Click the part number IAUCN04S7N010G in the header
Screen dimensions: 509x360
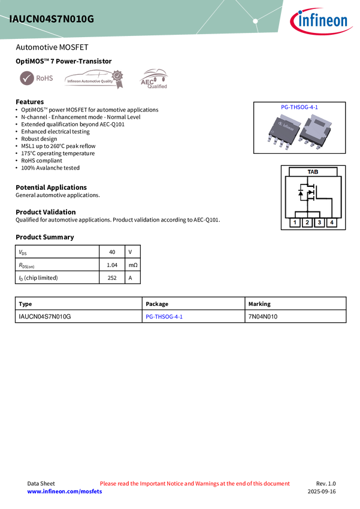(x=52, y=19)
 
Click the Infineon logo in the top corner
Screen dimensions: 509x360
(x=322, y=21)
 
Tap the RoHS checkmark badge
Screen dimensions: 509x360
(x=26, y=78)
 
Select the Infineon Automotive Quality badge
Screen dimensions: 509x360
(x=93, y=78)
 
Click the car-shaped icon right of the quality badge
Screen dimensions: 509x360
(x=153, y=78)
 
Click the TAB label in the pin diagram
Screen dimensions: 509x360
(x=313, y=172)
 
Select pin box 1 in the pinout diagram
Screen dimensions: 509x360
(x=295, y=223)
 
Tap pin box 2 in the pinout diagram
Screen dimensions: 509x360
(x=307, y=223)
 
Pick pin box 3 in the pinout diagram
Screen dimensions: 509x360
(x=319, y=223)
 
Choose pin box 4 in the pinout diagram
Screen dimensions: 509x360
(x=332, y=223)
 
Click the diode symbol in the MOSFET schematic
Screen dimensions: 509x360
(x=301, y=194)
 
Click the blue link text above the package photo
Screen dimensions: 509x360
(x=300, y=107)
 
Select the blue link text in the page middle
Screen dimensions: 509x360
(x=164, y=317)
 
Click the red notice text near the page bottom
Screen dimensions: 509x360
(x=195, y=483)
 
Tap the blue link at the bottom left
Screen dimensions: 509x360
(x=65, y=492)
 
